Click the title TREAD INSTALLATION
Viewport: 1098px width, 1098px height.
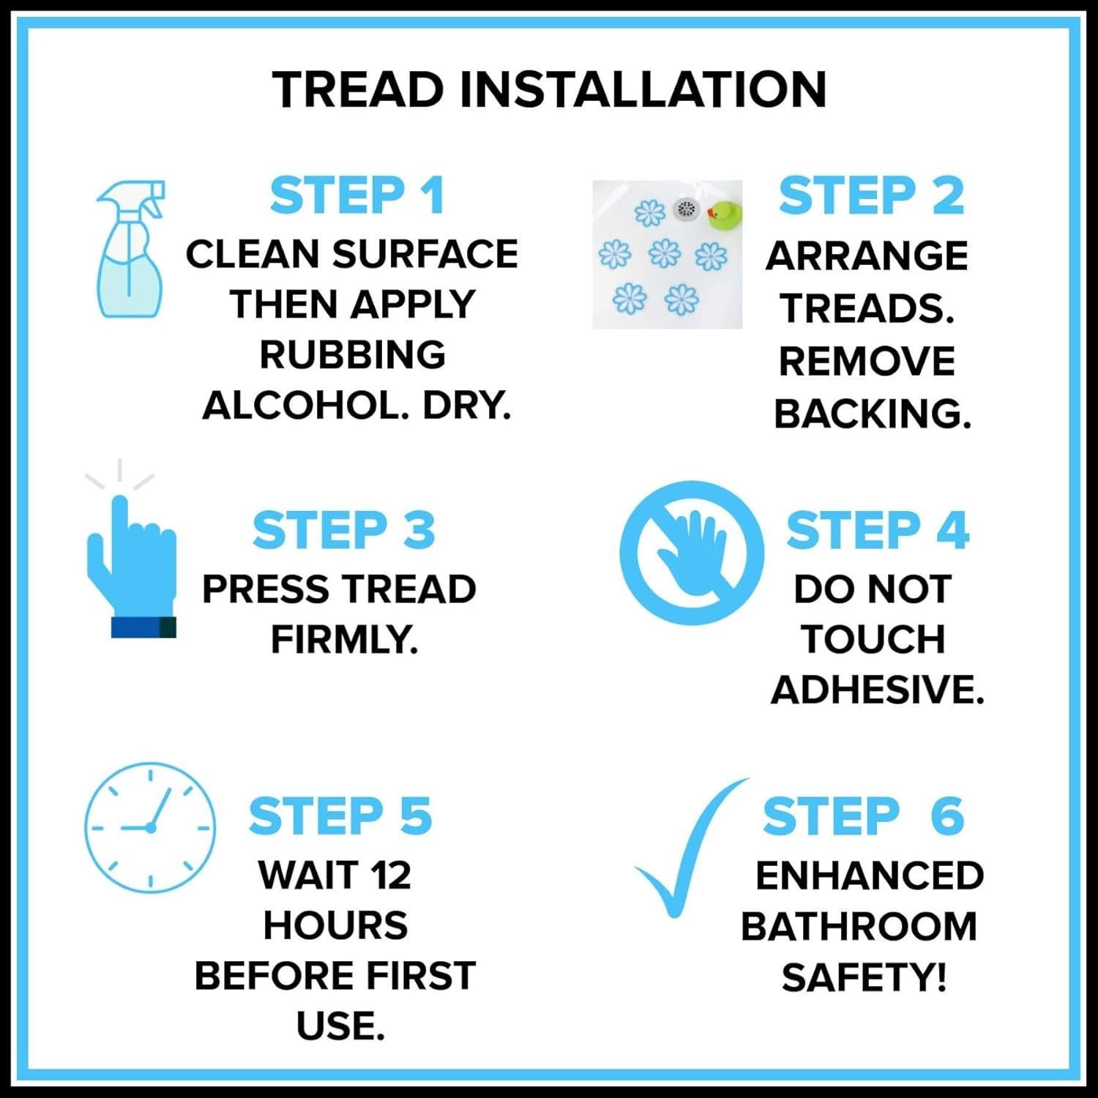pos(549,89)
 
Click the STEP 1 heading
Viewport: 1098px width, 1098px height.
pos(357,196)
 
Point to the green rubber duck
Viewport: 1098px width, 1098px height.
pos(724,213)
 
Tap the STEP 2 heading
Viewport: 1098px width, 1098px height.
pos(871,196)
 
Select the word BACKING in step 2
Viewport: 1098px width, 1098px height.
pos(871,414)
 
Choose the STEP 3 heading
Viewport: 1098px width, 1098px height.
pos(344,531)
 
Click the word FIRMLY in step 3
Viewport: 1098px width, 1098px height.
pos(344,640)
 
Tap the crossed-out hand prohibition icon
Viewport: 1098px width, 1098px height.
pos(691,553)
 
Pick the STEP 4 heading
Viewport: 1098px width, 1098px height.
pos(877,531)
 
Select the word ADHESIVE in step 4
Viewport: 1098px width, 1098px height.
pos(877,690)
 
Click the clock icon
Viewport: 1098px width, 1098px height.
pos(150,827)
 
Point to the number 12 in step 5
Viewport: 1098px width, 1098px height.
pos(390,875)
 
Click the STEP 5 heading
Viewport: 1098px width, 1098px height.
pos(340,816)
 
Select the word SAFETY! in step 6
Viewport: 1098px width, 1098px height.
pos(864,978)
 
